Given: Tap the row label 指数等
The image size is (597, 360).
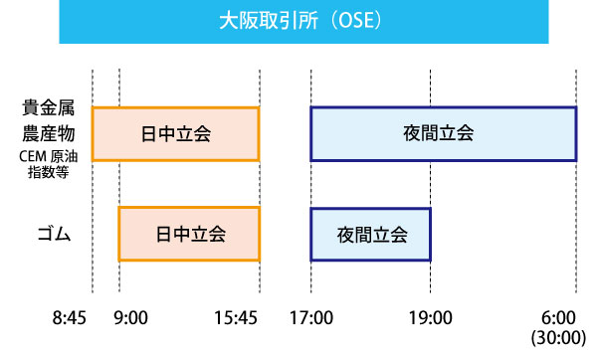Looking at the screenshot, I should pos(47,172).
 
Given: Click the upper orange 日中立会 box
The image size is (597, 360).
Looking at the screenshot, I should pos(176,133).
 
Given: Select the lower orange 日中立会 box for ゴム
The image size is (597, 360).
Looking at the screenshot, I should pos(189,235).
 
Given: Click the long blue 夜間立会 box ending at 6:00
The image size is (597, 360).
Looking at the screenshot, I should pos(444,133).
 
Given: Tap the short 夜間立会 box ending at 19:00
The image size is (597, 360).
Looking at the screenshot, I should pos(371,235).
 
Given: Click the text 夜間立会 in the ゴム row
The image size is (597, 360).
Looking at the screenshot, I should pos(371,235).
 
